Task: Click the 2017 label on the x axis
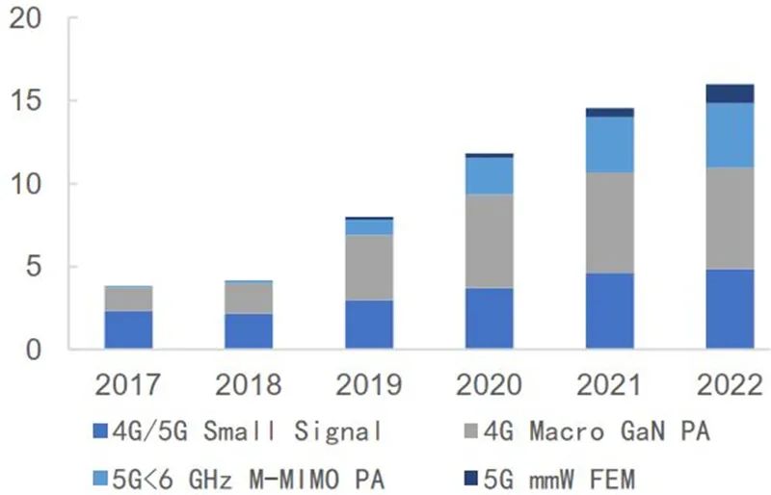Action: [x=128, y=384]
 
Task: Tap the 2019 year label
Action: [x=369, y=384]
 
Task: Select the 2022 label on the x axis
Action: [x=730, y=384]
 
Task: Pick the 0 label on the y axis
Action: [x=34, y=350]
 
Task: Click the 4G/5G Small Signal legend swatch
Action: [x=100, y=431]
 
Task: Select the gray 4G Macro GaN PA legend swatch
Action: [x=471, y=431]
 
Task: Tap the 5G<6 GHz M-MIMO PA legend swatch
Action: [x=100, y=478]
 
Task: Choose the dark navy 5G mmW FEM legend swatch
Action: [x=471, y=478]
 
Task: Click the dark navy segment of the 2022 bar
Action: [x=730, y=93]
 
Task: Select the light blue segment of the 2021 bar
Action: [x=610, y=144]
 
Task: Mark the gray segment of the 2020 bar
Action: [x=490, y=241]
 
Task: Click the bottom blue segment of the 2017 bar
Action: [x=128, y=329]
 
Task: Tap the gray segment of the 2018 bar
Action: [x=249, y=298]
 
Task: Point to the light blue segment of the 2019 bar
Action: [x=369, y=227]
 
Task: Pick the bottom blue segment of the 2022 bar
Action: [x=730, y=309]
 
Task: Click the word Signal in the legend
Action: [x=338, y=432]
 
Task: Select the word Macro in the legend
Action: [x=567, y=432]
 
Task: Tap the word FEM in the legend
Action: [x=612, y=479]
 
